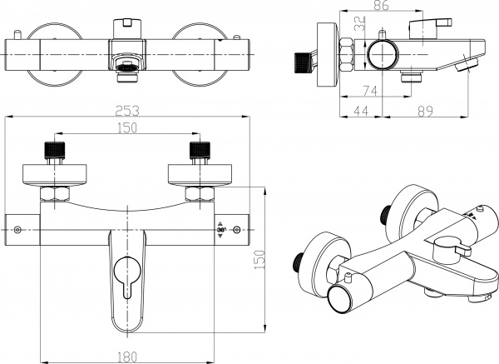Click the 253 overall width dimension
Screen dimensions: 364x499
[126, 110]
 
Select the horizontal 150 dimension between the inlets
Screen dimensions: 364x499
[126, 128]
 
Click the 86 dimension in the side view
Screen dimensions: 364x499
[381, 6]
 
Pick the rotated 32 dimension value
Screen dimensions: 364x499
[361, 25]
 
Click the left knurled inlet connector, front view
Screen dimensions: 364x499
[54, 151]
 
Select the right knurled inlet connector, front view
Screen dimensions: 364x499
[198, 151]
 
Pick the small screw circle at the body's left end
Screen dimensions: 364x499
[17, 229]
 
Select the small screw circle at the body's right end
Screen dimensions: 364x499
[238, 229]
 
